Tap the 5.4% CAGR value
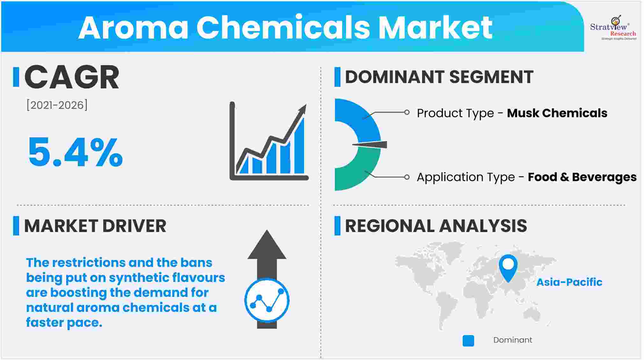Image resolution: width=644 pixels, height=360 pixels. tap(76, 152)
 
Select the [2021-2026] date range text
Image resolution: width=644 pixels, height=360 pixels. tap(57, 105)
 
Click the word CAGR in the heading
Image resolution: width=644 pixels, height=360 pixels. tap(72, 77)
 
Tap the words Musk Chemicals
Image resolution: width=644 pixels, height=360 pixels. tap(557, 113)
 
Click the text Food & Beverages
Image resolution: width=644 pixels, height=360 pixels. tap(582, 177)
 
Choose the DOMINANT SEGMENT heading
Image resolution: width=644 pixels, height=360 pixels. tap(439, 77)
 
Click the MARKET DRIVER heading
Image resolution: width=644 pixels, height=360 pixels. tap(95, 226)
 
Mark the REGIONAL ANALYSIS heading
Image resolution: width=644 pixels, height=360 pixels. tap(436, 226)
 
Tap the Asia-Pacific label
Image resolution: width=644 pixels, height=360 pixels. tap(569, 282)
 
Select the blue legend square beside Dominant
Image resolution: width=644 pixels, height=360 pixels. tap(468, 341)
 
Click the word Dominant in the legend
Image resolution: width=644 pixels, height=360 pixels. tap(513, 340)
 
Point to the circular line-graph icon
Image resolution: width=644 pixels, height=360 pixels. tap(267, 300)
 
